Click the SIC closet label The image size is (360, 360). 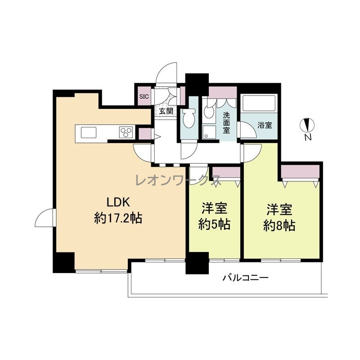pos(144,97)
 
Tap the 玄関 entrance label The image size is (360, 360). pos(166,111)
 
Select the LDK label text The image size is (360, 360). pos(118,202)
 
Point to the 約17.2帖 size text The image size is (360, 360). pos(118,218)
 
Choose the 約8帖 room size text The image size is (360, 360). pos(279,225)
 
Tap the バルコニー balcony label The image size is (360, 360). pos(246,278)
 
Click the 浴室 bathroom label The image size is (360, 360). pos(265,126)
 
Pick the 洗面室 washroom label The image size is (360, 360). pos(226,122)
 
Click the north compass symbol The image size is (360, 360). pos(307,125)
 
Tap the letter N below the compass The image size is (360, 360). pos(308,137)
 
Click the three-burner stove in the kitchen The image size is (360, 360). pos(126,132)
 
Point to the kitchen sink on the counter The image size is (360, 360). pos(88,132)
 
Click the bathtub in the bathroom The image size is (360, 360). pos(259,103)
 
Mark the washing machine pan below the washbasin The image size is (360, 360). pos(209,132)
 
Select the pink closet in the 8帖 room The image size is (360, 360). pos(301,171)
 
